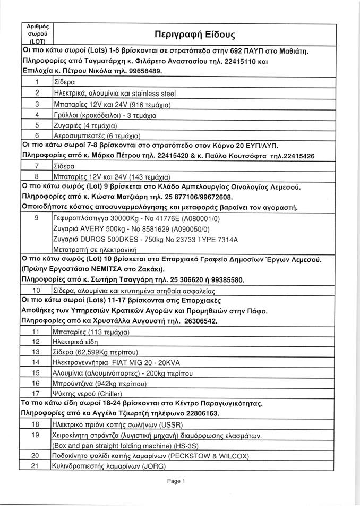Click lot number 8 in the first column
point(37,177)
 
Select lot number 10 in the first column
point(37,291)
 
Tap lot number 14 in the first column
point(37,362)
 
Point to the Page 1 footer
point(175,481)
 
